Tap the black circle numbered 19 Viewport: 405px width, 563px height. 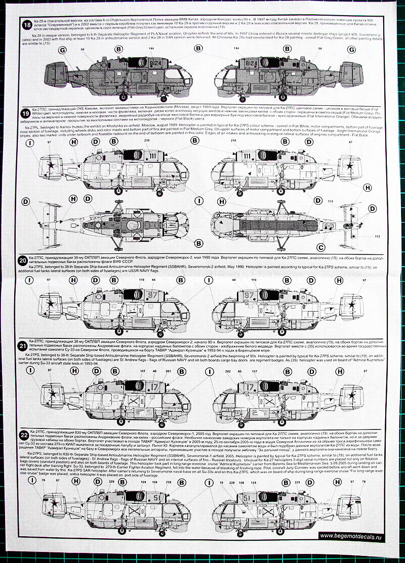[24, 112]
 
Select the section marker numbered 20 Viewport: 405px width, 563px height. [23, 261]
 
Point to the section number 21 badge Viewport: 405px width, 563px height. [23, 347]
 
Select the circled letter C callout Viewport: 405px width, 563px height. [319, 247]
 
